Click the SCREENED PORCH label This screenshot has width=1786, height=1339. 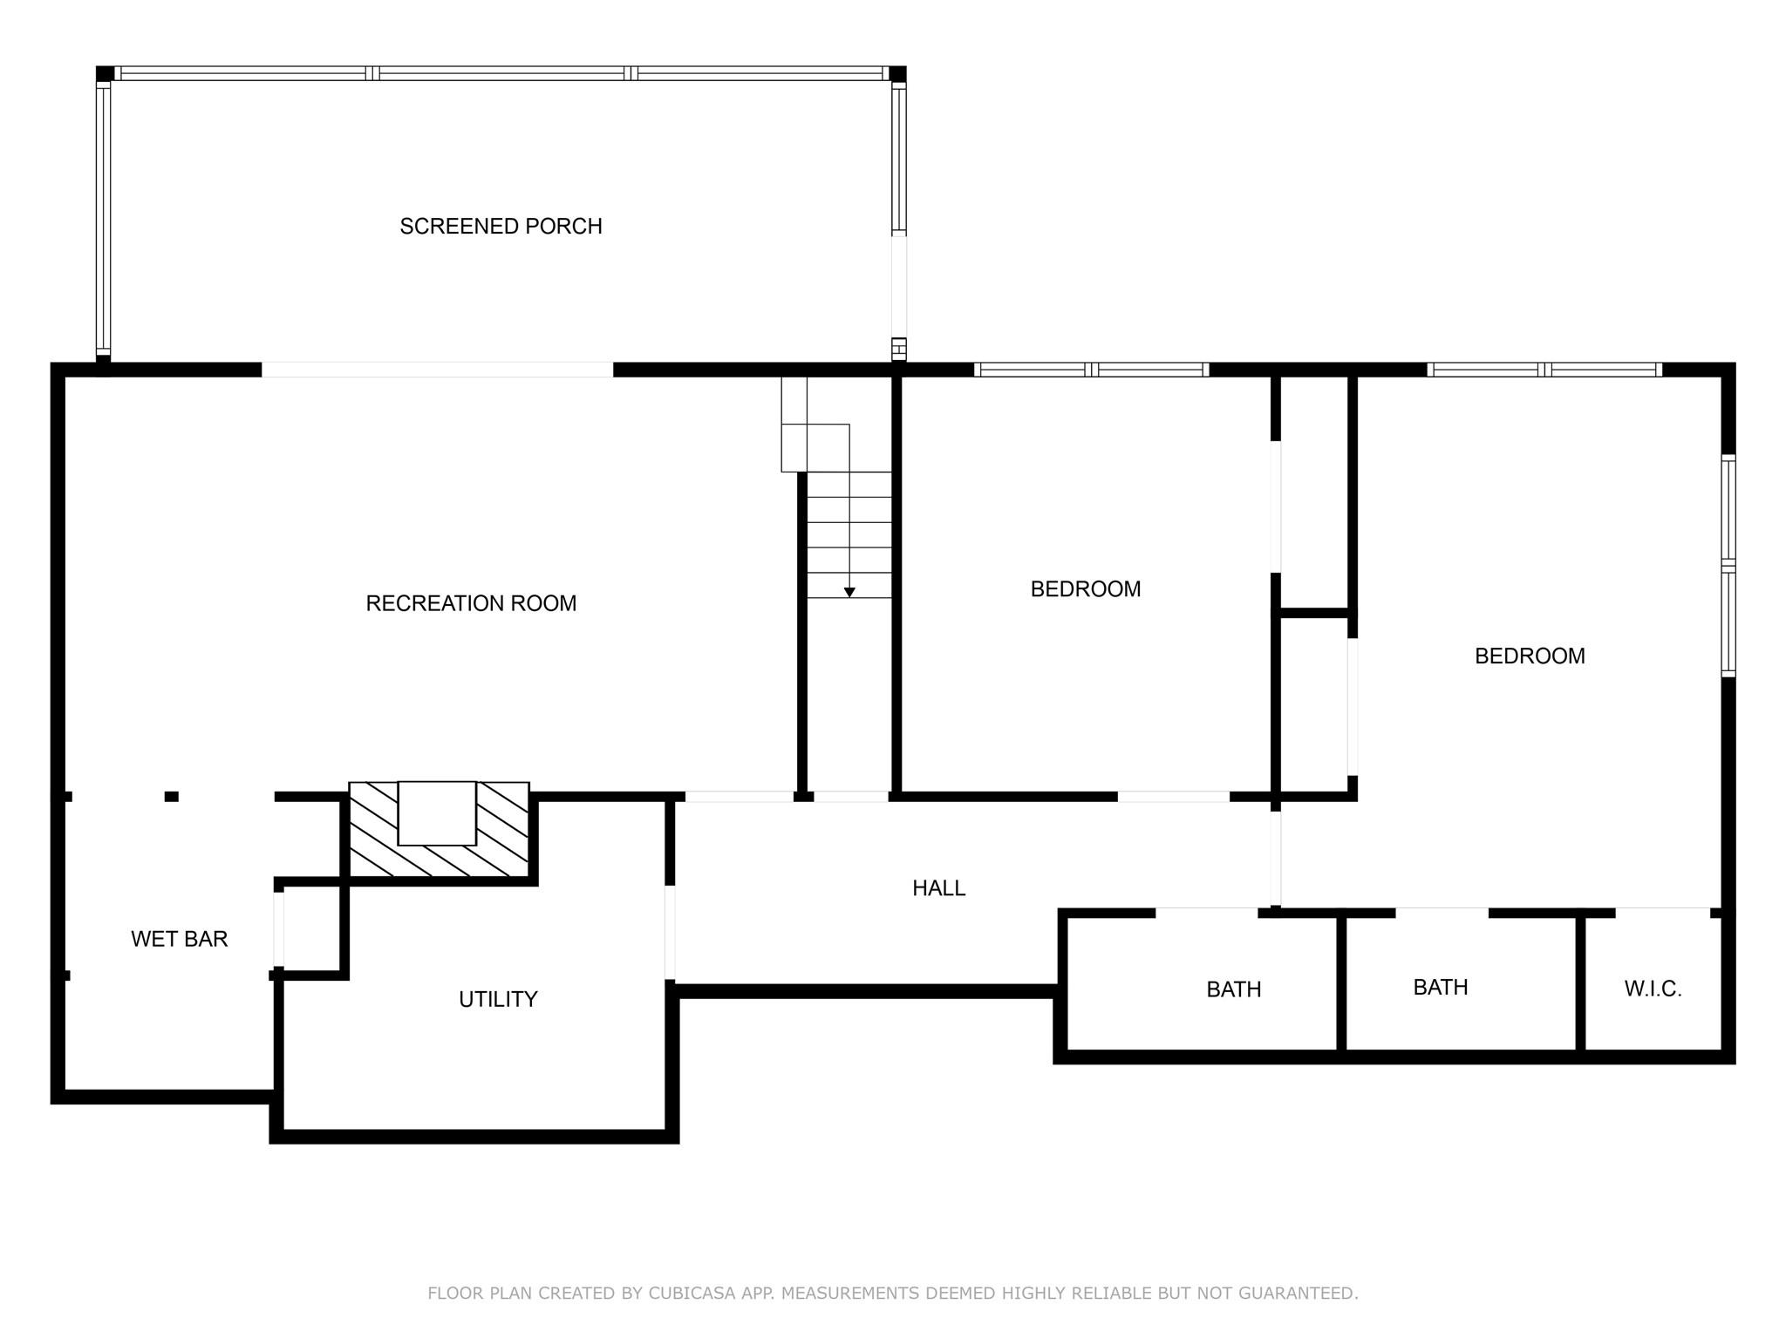[501, 227]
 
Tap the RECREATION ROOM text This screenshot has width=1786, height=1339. [471, 603]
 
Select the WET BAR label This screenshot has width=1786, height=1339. [180, 939]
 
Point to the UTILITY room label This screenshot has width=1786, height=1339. [498, 999]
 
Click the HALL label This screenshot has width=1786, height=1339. [939, 888]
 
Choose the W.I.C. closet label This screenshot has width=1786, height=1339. [1653, 989]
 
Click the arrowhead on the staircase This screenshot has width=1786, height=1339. [849, 593]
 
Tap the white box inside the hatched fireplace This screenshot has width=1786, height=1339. [437, 813]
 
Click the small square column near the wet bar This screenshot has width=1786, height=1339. [172, 796]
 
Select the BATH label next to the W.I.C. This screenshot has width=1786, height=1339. [1441, 988]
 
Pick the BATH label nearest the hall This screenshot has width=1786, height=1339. [1234, 989]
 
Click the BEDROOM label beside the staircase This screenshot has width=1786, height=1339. [1086, 589]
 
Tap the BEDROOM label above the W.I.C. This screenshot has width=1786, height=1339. [1530, 656]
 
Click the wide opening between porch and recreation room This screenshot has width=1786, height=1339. [438, 370]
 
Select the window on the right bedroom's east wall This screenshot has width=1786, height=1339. [1728, 566]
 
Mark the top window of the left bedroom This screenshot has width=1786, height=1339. [1091, 370]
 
